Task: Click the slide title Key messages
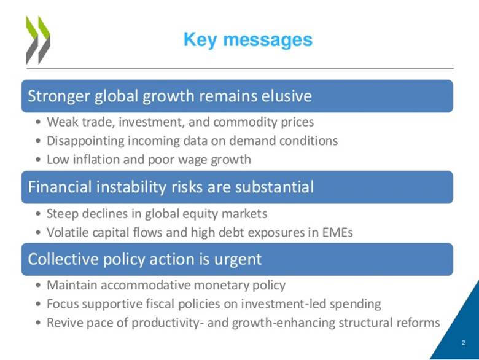(x=248, y=41)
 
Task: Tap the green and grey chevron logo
(x=38, y=40)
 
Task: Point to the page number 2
(x=464, y=343)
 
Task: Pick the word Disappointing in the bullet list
(x=85, y=141)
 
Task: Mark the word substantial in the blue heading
(x=274, y=187)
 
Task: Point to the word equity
(x=200, y=214)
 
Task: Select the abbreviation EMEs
(x=338, y=232)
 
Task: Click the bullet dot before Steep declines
(x=38, y=214)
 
